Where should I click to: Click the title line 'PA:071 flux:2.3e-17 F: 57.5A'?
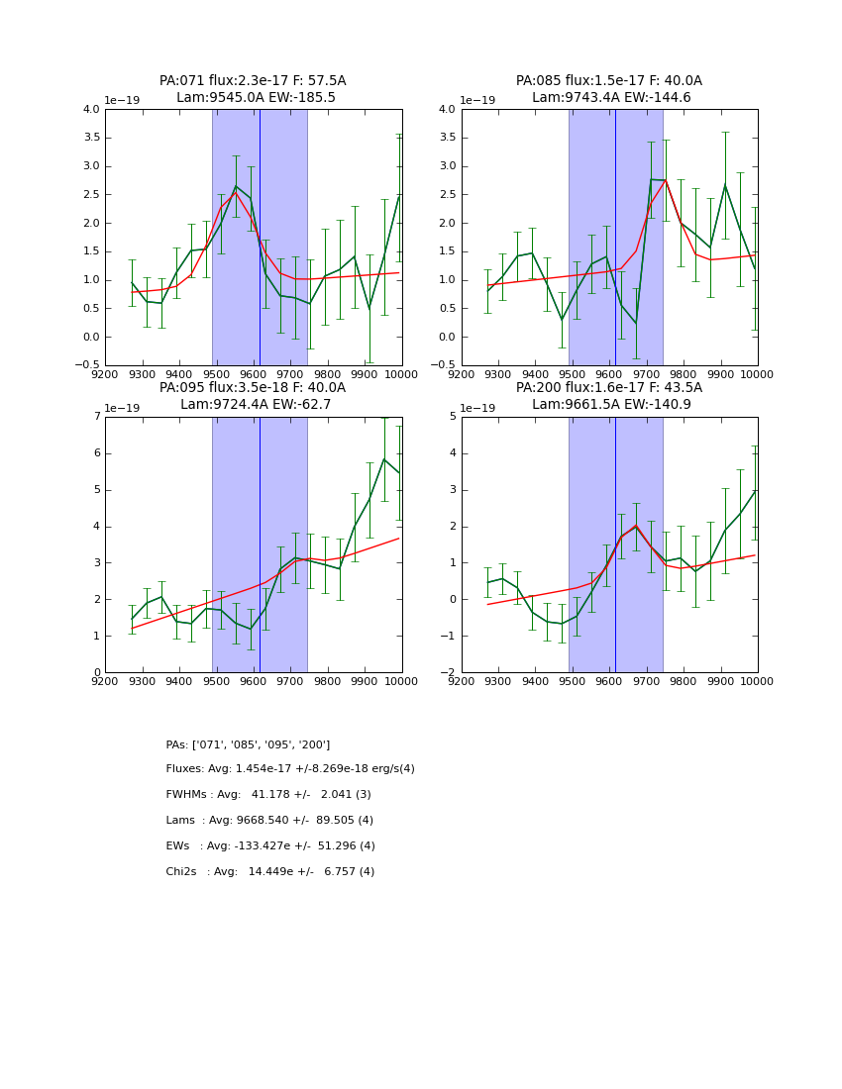coord(253,81)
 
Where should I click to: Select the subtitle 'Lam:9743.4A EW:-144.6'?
coord(611,98)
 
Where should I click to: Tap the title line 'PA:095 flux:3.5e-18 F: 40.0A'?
coord(253,388)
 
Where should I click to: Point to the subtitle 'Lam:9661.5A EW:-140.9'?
coord(611,405)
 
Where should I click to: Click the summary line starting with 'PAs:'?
coord(248,744)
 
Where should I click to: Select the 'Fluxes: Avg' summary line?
coord(290,769)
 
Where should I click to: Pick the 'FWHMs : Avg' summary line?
coord(268,795)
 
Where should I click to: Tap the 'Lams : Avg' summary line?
coord(269,821)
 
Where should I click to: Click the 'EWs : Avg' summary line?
coord(270,846)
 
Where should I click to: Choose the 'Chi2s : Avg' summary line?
coord(270,872)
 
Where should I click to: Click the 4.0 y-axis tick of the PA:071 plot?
coord(91,109)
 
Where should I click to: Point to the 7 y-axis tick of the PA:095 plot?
coord(95,417)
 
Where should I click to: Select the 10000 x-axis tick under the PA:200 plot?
coord(757,682)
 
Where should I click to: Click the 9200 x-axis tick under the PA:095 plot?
coord(105,682)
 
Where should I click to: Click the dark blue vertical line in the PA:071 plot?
coord(260,238)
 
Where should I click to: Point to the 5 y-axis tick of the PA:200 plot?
coord(452,417)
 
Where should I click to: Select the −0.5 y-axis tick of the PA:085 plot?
coord(443,365)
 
